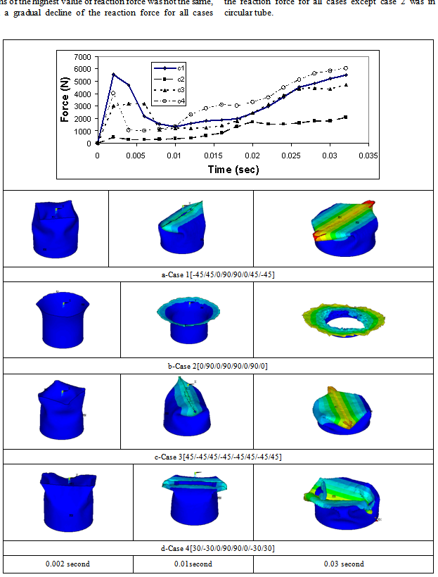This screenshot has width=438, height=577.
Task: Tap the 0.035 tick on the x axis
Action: click(x=364, y=155)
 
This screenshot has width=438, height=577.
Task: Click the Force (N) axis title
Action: click(x=65, y=99)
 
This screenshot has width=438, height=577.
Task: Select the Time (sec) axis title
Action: click(x=232, y=170)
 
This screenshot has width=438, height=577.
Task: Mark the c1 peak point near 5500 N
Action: click(x=113, y=75)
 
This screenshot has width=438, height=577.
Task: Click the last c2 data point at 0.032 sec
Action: click(x=345, y=117)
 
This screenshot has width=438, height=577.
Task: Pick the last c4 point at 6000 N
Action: click(x=345, y=68)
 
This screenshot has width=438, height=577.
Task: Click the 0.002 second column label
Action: click(x=67, y=564)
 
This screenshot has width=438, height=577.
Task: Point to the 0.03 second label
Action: click(x=343, y=564)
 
